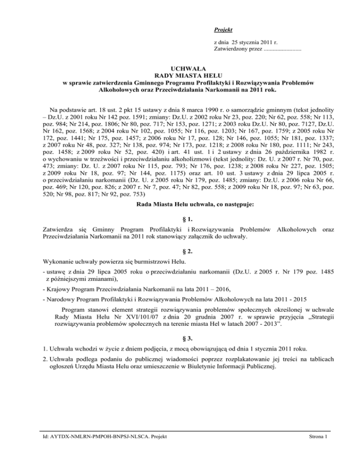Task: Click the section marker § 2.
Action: coord(180,251)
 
